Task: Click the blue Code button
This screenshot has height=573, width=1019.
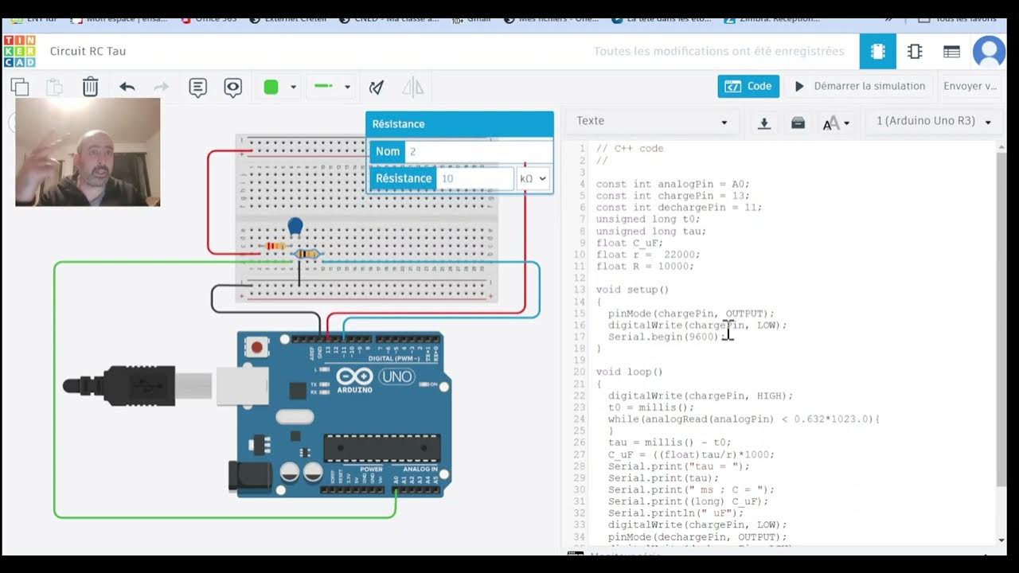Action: pos(748,86)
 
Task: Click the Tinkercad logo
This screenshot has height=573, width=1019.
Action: pos(19,51)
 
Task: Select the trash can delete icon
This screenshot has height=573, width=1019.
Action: pos(91,87)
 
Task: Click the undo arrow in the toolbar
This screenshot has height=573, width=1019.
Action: pos(127,87)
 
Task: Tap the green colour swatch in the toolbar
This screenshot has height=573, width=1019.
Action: pos(271,87)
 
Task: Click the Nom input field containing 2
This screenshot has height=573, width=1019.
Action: pos(478,151)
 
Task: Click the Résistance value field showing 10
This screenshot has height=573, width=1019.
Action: pos(474,178)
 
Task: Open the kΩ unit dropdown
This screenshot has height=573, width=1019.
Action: pos(533,178)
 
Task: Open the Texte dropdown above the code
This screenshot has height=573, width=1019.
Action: pos(651,121)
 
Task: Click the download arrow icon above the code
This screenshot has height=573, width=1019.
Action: pos(764,123)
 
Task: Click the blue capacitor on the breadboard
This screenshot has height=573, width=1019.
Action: pos(295,226)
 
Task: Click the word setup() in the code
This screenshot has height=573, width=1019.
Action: pos(648,290)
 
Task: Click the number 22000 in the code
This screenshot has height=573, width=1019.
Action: pos(682,255)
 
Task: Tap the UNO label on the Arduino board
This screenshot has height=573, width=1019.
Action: pos(396,376)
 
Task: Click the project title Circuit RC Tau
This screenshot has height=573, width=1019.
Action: pos(88,51)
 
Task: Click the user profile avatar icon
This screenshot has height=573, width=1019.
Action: pos(989,51)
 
